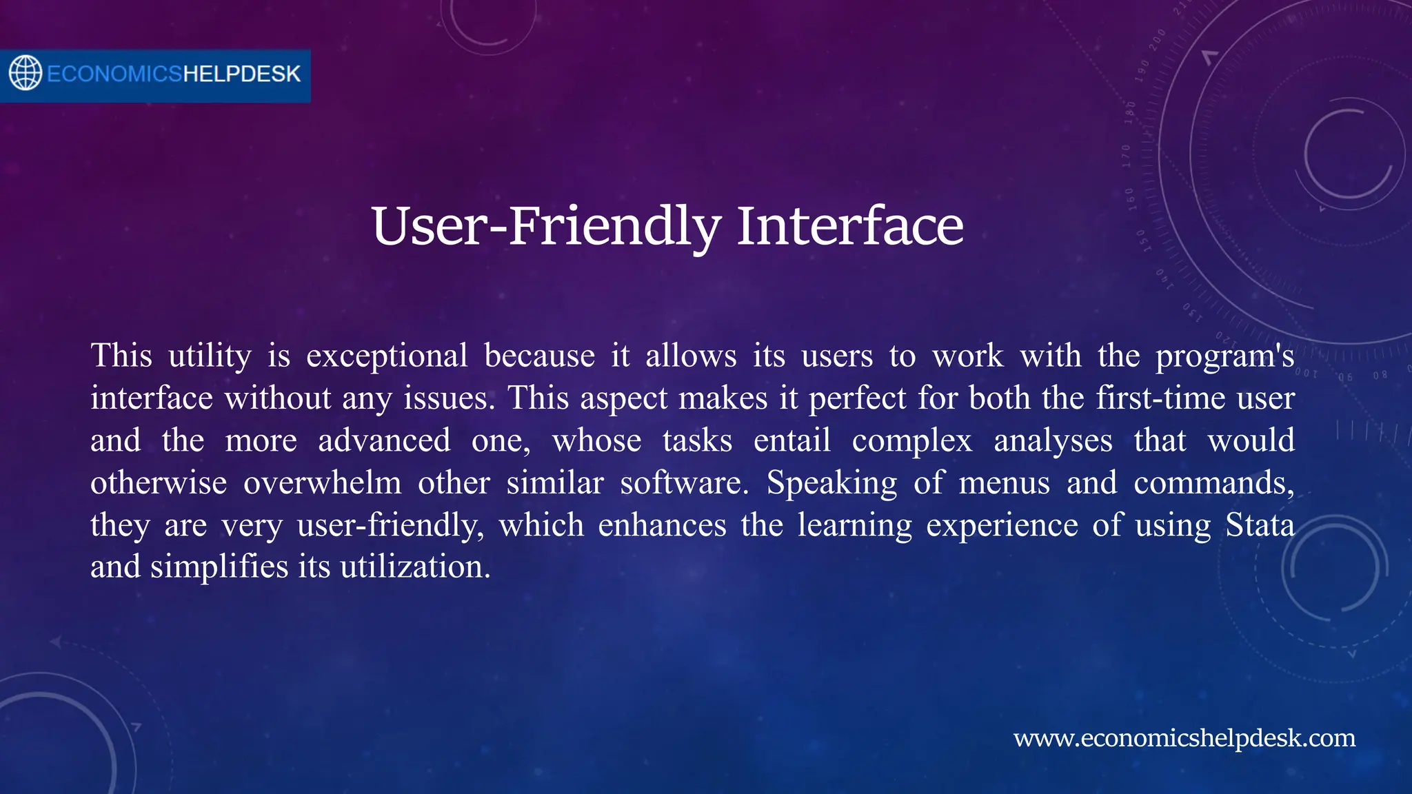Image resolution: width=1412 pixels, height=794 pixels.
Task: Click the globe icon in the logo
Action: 26,73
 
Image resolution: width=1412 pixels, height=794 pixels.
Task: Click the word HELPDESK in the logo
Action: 241,74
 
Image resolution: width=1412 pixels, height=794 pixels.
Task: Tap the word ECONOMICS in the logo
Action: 114,74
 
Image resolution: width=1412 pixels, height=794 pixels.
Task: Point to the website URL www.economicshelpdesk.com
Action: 1184,738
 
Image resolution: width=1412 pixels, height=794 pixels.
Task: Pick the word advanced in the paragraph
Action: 384,441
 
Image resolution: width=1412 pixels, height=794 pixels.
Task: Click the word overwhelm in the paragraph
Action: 322,483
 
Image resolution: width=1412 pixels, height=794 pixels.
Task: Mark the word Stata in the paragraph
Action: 1260,525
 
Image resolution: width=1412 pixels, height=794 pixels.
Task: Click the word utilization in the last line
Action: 415,567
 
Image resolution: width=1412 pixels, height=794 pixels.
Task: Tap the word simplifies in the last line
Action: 219,567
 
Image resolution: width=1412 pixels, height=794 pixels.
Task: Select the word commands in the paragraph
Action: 1213,483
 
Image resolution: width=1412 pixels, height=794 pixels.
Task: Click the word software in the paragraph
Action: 683,483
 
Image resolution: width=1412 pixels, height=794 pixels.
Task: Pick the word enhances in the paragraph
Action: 662,525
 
